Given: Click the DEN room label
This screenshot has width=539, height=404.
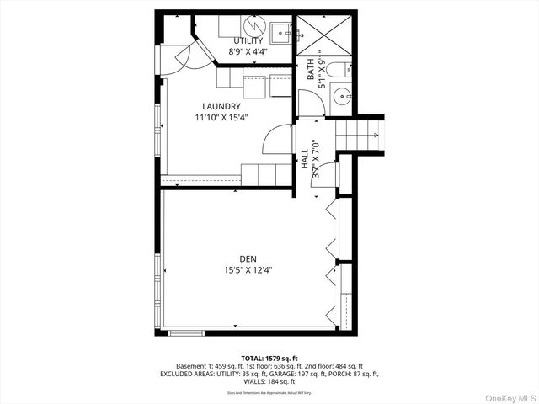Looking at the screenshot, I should coord(248,258).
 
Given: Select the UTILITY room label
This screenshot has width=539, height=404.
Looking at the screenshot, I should coord(248,40).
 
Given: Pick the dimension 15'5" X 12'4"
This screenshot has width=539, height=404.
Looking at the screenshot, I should coord(248,270).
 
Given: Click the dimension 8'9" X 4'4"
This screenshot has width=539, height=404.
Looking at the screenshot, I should coord(248,52).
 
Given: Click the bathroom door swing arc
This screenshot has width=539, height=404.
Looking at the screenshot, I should coord(310,103).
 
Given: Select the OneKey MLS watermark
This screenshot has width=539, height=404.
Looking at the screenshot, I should coord(508,395).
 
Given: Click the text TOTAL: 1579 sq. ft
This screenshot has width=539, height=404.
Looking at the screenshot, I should coord(269,359).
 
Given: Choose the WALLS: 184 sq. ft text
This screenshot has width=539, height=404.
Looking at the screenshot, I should coord(269,381).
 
